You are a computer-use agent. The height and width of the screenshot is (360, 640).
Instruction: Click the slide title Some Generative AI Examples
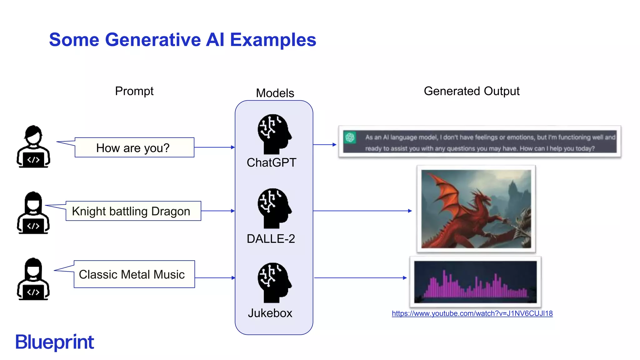(x=182, y=40)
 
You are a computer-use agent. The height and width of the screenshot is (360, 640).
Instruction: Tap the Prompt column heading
(x=134, y=91)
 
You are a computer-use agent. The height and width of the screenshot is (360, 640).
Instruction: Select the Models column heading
(x=275, y=93)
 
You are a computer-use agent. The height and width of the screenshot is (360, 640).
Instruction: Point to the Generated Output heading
(x=471, y=91)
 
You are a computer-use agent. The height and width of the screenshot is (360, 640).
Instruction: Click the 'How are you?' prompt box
(x=134, y=147)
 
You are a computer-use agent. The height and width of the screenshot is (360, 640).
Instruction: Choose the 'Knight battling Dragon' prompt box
(x=133, y=211)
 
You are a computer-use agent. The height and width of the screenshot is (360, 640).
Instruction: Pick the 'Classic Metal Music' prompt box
(x=134, y=274)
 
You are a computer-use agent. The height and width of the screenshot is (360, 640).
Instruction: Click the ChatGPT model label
(x=271, y=163)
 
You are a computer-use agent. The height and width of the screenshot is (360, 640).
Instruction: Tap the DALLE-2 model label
(x=271, y=239)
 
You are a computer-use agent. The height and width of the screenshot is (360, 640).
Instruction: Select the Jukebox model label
(x=270, y=313)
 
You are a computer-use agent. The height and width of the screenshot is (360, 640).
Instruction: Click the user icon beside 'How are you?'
(x=33, y=147)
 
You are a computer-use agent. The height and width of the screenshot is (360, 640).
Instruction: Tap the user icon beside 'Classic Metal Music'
(x=33, y=279)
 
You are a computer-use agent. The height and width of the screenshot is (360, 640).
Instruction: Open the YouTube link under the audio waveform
(x=472, y=313)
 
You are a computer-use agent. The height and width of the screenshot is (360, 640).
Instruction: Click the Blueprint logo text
(x=55, y=342)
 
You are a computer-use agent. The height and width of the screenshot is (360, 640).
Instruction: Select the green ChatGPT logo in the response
(x=350, y=137)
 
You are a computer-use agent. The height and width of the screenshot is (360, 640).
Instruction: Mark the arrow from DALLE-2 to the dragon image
(x=362, y=211)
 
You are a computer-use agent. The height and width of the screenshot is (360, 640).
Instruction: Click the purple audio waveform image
(x=475, y=282)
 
